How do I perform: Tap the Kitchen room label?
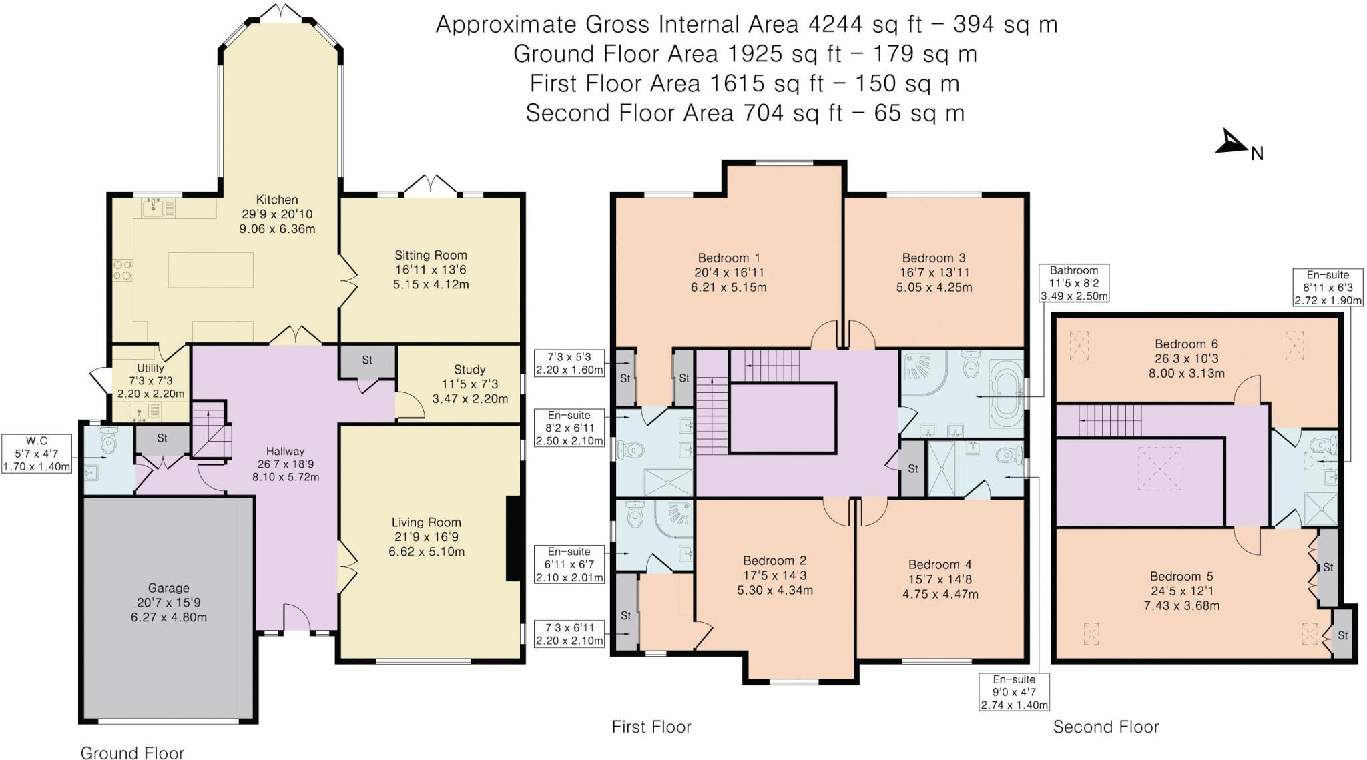277,200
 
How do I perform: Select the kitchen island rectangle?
210,270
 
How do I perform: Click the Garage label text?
168,588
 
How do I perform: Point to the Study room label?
469,370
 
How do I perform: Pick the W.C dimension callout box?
37,454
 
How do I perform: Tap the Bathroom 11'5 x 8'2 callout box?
1073,283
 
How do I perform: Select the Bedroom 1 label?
729,258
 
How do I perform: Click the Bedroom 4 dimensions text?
940,587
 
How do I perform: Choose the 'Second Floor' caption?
1105,727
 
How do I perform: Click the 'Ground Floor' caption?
132,753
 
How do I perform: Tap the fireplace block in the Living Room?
514,539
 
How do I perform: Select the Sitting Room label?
431,255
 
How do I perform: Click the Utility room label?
150,368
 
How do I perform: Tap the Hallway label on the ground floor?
285,452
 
